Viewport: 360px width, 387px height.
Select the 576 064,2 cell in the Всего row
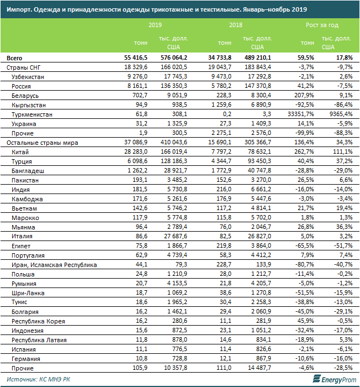point(173,58)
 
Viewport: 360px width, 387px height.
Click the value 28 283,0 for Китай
point(134,151)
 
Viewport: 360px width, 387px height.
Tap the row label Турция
point(21,161)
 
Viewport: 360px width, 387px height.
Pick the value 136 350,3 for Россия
point(173,86)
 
